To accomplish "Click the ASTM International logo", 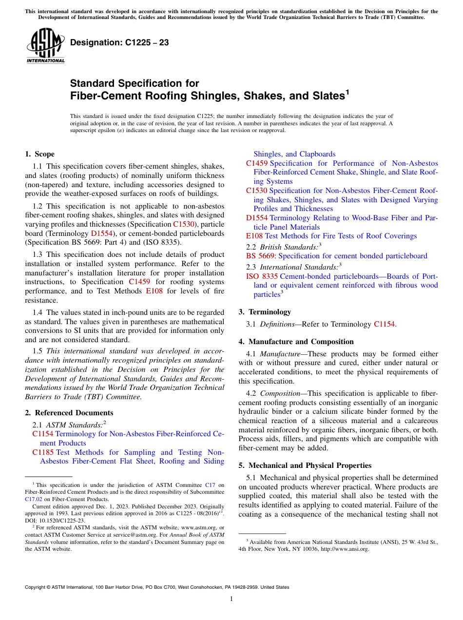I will click(x=45, y=46).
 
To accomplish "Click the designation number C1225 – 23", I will click(x=119, y=42).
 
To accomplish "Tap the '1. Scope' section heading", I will click(x=39, y=154).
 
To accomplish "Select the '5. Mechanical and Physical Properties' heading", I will click(x=305, y=465).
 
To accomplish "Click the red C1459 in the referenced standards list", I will click(x=257, y=163).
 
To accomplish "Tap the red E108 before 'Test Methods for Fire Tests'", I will click(x=254, y=236).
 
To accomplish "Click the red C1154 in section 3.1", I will click(x=385, y=324).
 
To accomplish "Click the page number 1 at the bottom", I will click(x=231, y=599).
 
